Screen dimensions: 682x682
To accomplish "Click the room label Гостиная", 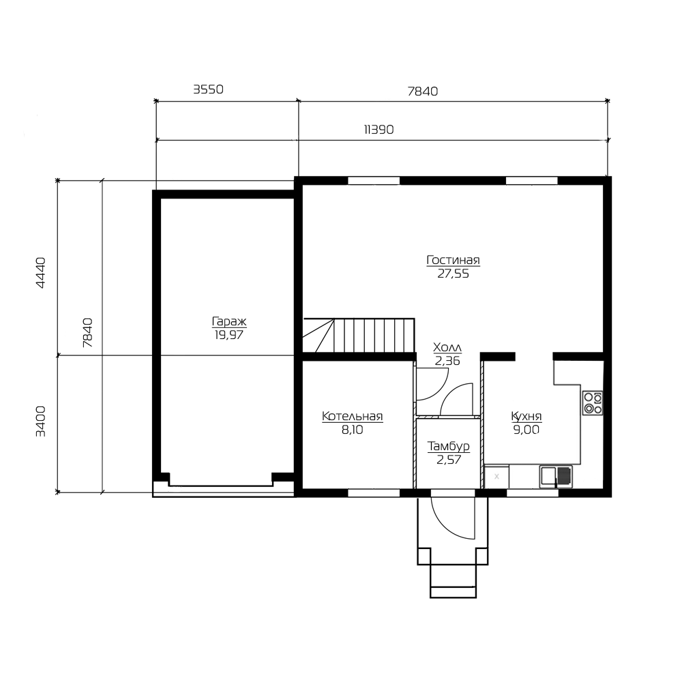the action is (x=453, y=260).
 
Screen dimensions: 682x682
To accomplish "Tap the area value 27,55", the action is (x=453, y=274).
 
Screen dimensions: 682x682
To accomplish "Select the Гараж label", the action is (x=229, y=322).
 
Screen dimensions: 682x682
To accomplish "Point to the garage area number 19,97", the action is (x=228, y=336).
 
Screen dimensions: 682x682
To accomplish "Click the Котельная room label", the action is (x=353, y=416).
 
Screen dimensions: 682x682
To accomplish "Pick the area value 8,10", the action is (x=353, y=430).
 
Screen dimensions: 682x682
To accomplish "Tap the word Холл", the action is (x=447, y=348).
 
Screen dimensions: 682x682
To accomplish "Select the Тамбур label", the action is (x=449, y=446).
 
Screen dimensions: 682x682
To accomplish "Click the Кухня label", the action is (x=527, y=416).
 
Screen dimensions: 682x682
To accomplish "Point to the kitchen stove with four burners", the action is (x=593, y=403).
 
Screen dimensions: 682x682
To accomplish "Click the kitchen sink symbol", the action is (x=556, y=476).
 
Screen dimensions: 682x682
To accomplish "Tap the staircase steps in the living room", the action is (x=359, y=335).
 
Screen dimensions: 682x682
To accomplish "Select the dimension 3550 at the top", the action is (x=208, y=89).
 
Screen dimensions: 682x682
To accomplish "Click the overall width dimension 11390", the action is (x=379, y=130).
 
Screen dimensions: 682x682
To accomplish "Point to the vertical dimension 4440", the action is (x=40, y=273).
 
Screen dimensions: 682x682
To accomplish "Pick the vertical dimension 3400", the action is (x=40, y=421).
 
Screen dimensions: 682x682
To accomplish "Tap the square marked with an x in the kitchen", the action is (x=496, y=477).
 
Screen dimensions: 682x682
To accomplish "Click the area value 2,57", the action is (x=449, y=460).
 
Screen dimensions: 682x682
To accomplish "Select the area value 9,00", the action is (x=527, y=430).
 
